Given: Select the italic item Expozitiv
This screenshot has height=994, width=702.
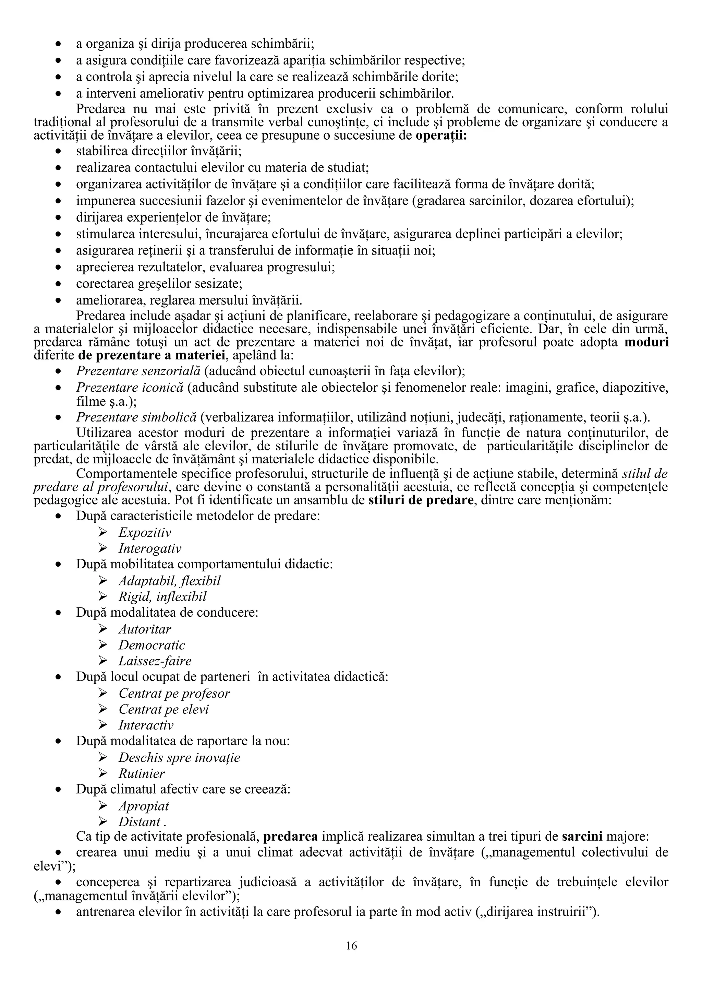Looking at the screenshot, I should click(x=145, y=532).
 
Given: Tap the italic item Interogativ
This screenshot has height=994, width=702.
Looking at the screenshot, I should click(x=150, y=549).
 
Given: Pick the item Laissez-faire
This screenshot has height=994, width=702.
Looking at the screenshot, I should click(x=155, y=661).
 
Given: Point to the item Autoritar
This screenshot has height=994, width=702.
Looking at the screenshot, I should click(x=145, y=629).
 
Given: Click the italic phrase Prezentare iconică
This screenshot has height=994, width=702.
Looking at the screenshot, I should click(x=130, y=388).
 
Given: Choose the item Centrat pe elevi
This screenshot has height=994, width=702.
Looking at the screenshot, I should click(x=164, y=709).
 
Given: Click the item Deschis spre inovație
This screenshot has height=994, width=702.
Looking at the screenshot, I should click(x=179, y=758).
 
